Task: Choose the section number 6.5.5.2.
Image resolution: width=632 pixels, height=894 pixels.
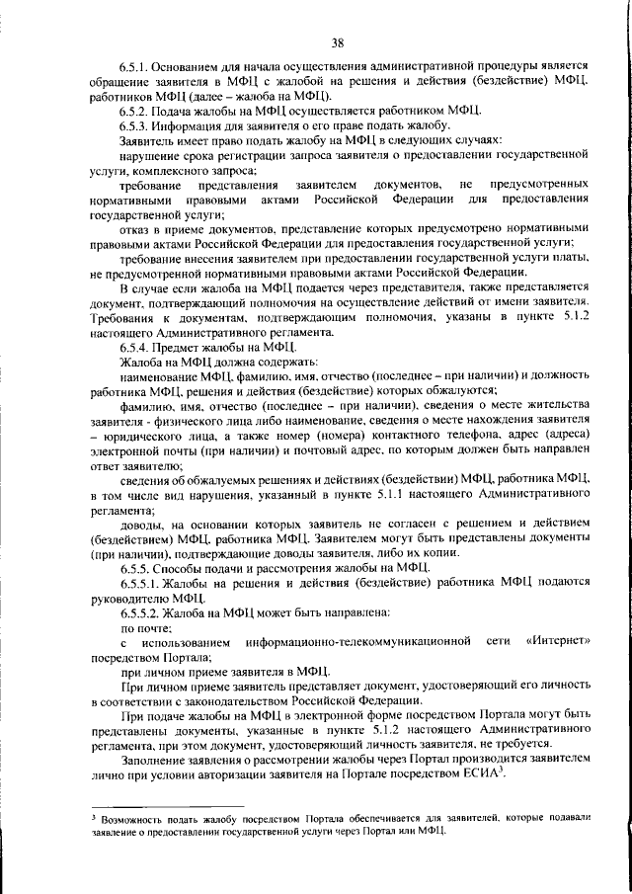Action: pyautogui.click(x=142, y=612)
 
